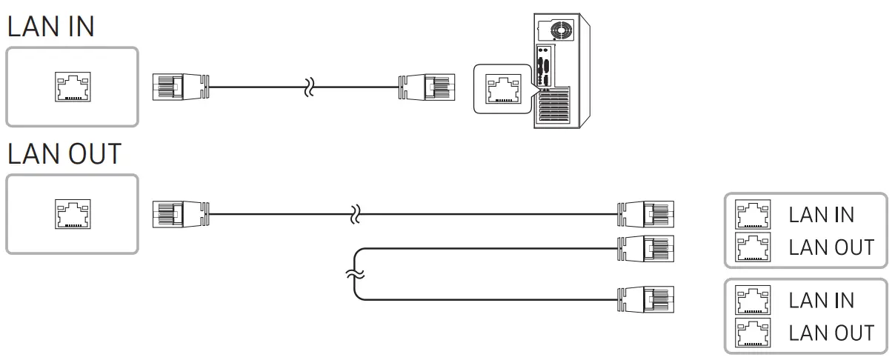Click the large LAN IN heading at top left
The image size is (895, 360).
pos(50,28)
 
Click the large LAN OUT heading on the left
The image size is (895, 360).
pos(64,154)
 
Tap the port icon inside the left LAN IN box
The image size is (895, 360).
pos(72,87)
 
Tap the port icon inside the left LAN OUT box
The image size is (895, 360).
pos(72,214)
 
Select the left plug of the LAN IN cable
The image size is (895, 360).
pos(180,87)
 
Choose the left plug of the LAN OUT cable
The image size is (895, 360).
pos(180,214)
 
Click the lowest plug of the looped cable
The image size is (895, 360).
pos(645,299)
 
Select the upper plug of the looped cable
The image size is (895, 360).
pos(645,248)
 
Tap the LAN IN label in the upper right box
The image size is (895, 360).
pos(821,216)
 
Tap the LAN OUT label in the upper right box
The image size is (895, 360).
pos(831,247)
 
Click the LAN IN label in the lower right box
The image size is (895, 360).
pos(821,301)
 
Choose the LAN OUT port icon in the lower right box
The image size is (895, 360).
pos(751,333)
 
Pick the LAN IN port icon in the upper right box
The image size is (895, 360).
pos(751,215)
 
